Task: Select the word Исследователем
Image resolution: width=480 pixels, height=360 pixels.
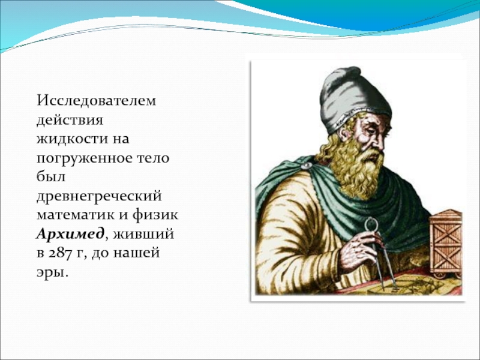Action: point(97,100)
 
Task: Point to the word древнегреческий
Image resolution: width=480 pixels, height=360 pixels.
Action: point(99,197)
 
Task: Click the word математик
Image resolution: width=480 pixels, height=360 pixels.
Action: point(76,215)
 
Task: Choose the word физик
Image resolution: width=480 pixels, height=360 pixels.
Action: point(155,214)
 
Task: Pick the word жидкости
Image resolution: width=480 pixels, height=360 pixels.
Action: point(71,139)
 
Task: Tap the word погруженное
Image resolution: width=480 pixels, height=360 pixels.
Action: point(84,158)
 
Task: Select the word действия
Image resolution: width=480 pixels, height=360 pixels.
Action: point(70,120)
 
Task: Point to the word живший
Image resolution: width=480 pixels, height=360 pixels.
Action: point(143,234)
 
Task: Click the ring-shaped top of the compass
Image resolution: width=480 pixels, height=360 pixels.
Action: point(371,224)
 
